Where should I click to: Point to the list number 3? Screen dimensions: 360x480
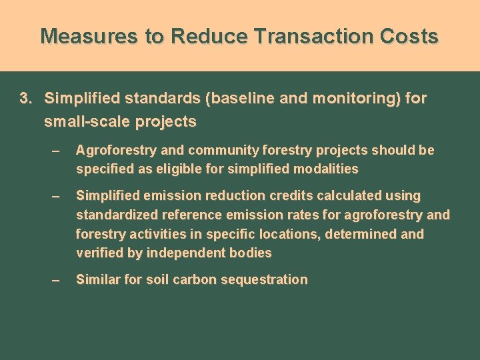click(25, 99)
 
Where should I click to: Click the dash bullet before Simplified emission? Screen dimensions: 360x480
click(56, 197)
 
